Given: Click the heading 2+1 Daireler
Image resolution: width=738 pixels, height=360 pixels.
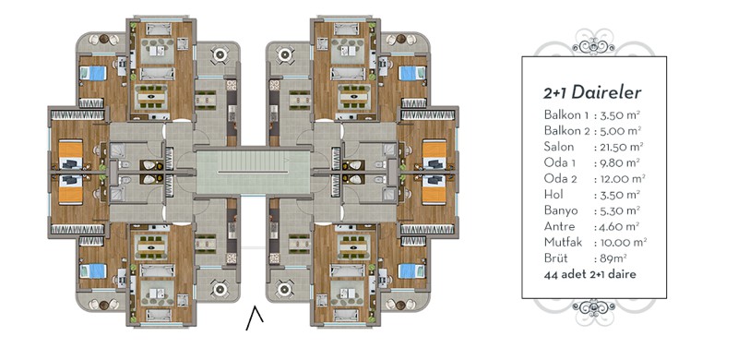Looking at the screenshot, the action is pyautogui.click(x=592, y=93).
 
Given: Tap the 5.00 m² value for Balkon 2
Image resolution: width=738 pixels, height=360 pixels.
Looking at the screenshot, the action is pyautogui.click(x=619, y=130).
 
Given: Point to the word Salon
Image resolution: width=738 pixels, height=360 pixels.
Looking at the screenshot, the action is pyautogui.click(x=559, y=147).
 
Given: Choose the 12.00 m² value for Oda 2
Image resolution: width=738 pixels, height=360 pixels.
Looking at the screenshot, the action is pyautogui.click(x=621, y=179).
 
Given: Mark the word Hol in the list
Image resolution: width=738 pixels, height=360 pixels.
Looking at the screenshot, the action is pyautogui.click(x=553, y=195).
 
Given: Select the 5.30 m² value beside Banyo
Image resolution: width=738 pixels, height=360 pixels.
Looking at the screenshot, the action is pyautogui.click(x=618, y=210).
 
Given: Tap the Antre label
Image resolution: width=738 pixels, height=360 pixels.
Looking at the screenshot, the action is pyautogui.click(x=559, y=227).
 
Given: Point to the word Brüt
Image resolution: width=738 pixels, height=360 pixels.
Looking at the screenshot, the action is pyautogui.click(x=555, y=258).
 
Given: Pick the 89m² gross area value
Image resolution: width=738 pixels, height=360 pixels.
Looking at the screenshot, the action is pyautogui.click(x=613, y=258).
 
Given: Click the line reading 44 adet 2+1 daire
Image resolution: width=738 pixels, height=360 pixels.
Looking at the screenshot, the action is pyautogui.click(x=589, y=275).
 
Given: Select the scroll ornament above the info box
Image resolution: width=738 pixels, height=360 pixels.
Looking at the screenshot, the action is pyautogui.click(x=593, y=42).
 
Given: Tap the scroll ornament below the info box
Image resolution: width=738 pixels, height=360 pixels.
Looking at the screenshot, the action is pyautogui.click(x=593, y=311).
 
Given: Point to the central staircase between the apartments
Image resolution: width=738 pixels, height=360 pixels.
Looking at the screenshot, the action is pyautogui.click(x=253, y=172).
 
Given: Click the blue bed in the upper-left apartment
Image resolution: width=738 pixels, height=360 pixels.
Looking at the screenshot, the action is pyautogui.click(x=93, y=74).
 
